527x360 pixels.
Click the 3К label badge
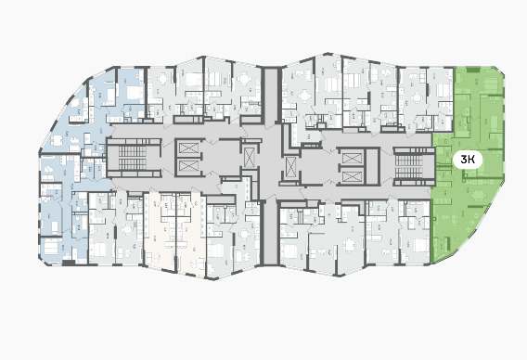click(468, 160)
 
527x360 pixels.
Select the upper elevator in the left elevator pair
click(189, 148)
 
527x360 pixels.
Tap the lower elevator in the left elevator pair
click(189, 166)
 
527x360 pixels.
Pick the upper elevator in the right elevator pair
click(352, 158)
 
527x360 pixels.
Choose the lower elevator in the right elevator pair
click(352, 175)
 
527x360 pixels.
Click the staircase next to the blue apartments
click(133, 158)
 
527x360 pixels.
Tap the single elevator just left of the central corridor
click(249, 158)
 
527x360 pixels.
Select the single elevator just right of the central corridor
click(290, 167)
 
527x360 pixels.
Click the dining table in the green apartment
click(477, 195)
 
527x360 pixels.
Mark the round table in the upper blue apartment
click(74, 103)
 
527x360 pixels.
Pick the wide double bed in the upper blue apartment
click(135, 92)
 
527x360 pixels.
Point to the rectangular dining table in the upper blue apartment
click(58, 140)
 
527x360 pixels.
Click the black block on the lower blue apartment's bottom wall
click(69, 263)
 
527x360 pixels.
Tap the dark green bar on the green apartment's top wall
click(472, 70)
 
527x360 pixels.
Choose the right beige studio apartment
click(190, 234)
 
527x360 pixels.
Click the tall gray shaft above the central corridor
click(271, 96)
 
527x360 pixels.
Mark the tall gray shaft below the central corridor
click(270, 233)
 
